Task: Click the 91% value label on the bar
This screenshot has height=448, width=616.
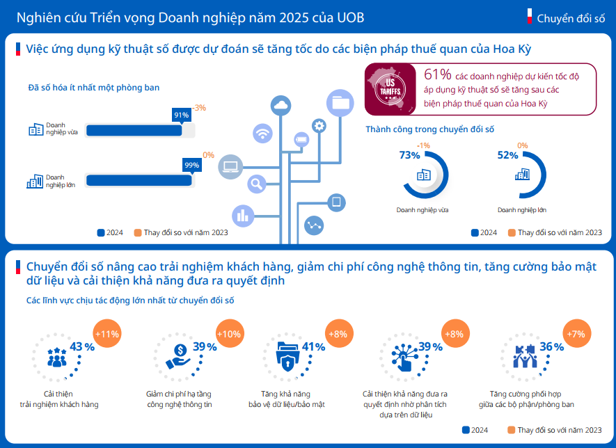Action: pyautogui.click(x=182, y=115)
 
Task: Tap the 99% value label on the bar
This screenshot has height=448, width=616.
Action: pyautogui.click(x=191, y=165)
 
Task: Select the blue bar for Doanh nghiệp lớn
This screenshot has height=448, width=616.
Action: pyautogui.click(x=139, y=180)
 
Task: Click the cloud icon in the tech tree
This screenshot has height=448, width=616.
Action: pyautogui.click(x=281, y=105)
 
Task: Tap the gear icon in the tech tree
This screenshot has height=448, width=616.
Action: pyautogui.click(x=319, y=126)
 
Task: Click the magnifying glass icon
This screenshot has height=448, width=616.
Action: pyautogui.click(x=257, y=184)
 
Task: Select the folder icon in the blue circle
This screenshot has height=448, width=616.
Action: pyautogui.click(x=341, y=103)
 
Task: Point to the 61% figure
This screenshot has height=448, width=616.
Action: pyautogui.click(x=437, y=74)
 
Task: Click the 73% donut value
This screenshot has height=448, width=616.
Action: pyautogui.click(x=409, y=155)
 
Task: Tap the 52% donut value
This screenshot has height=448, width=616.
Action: pyautogui.click(x=507, y=155)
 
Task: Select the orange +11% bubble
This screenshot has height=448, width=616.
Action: pyautogui.click(x=107, y=333)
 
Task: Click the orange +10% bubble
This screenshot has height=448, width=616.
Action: pyautogui.click(x=229, y=333)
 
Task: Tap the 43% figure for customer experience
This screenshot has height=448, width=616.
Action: pyautogui.click(x=82, y=346)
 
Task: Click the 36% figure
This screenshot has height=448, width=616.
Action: pyautogui.click(x=551, y=346)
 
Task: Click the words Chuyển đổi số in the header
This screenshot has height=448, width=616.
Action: pyautogui.click(x=571, y=17)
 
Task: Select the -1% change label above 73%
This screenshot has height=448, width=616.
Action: pyautogui.click(x=423, y=145)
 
